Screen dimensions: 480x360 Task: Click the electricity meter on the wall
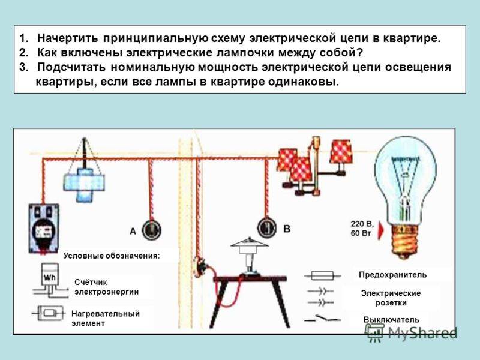(44, 229)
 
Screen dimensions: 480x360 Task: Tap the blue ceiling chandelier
(83, 184)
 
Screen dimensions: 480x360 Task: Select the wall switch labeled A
(152, 230)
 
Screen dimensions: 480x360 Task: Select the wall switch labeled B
(266, 228)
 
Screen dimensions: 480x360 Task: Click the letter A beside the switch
(133, 231)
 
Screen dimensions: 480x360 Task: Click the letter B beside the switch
(287, 229)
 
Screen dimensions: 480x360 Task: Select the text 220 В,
(362, 224)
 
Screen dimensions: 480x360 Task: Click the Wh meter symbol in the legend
(50, 280)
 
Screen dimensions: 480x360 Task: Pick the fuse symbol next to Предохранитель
(322, 275)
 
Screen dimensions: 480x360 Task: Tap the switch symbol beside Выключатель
(322, 319)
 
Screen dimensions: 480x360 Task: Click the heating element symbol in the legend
(49, 313)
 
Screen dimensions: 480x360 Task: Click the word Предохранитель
(393, 275)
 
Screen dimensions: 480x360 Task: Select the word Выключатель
(391, 320)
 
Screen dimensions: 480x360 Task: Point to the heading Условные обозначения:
(112, 256)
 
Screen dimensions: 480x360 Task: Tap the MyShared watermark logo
(411, 332)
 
